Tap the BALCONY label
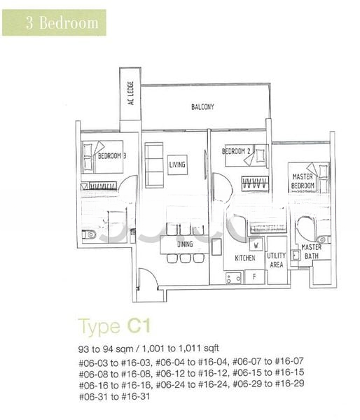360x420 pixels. coord(202,107)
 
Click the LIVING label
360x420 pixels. coord(177,165)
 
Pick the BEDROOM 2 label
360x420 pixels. coord(236,151)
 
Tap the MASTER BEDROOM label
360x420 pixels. coord(302,182)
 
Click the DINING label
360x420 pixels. coord(184,244)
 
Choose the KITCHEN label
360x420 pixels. coord(245,258)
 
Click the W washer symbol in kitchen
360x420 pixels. coord(256,246)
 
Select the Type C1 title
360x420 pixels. coord(114,326)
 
